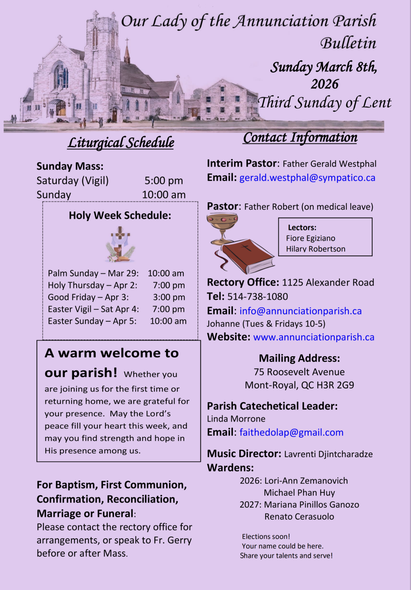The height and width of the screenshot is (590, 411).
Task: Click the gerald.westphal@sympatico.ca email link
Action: point(307,178)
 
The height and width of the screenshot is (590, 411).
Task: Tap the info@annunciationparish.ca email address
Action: point(301,311)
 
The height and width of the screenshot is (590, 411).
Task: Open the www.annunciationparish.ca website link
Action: point(314,337)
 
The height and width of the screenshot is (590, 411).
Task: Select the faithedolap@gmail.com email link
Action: point(291,432)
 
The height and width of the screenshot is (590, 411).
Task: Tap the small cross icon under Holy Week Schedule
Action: point(120,244)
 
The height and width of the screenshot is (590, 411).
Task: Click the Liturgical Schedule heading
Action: point(121,143)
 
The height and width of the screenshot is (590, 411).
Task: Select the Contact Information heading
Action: point(300,137)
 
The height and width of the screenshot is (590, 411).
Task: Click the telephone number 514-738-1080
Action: point(258,296)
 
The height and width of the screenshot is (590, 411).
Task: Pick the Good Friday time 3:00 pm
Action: point(169,297)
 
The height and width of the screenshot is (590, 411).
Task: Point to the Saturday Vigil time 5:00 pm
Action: point(164,181)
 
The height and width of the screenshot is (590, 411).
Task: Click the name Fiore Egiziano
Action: point(311,238)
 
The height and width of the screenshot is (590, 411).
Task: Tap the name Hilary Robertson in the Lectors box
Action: point(316,249)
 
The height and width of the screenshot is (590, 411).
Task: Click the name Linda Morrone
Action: point(236,419)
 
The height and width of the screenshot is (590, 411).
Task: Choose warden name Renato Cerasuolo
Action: point(299,516)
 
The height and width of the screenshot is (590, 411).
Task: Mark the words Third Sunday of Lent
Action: point(325,103)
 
